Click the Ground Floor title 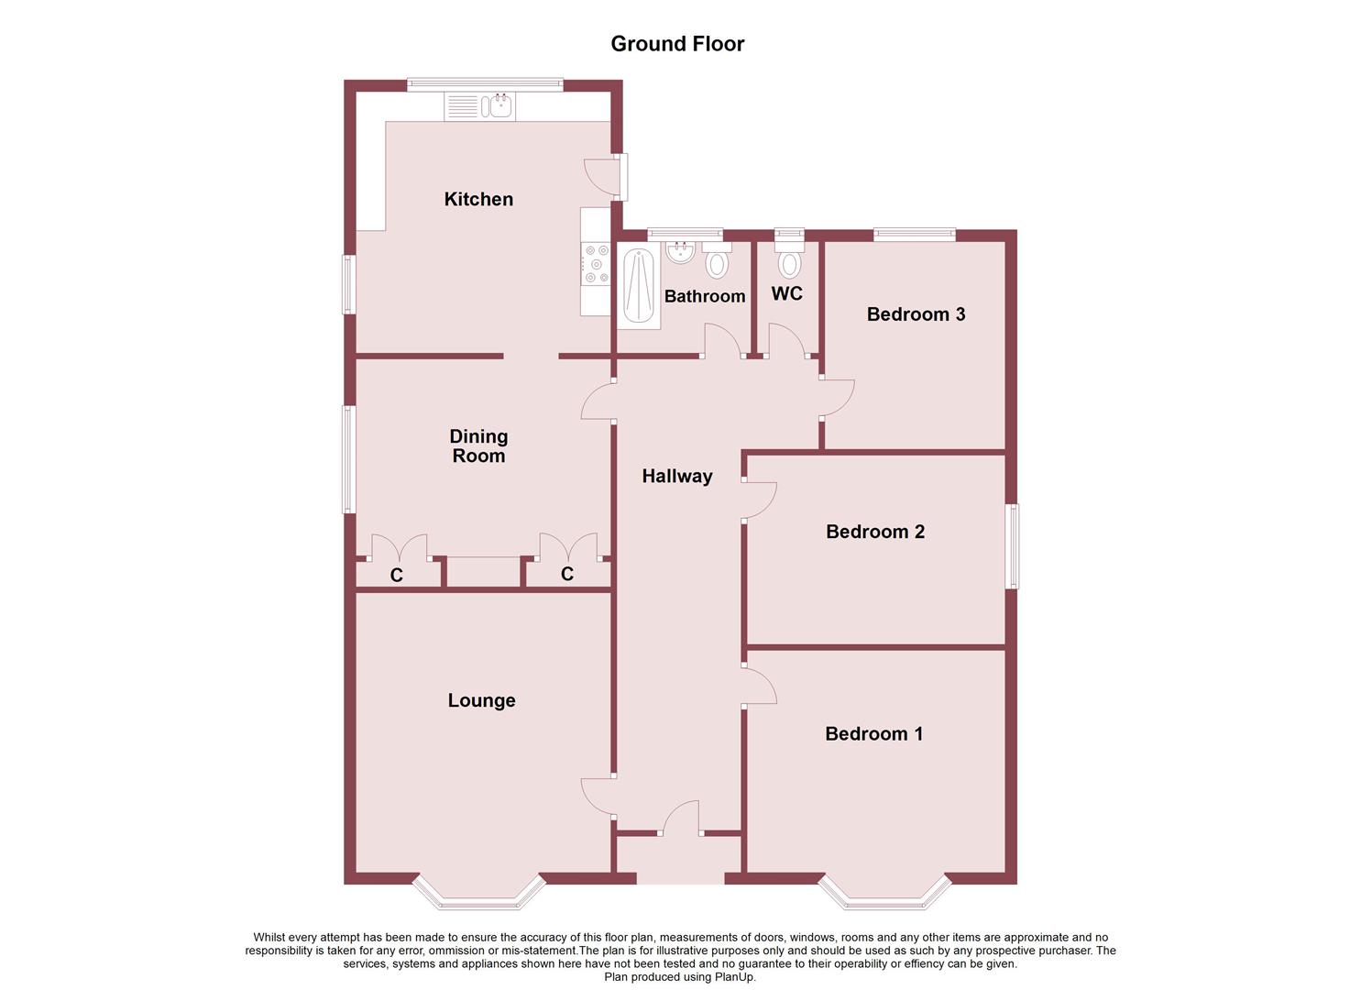click(677, 44)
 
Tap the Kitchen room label click(478, 199)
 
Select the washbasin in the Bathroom click(679, 250)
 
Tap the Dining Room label click(478, 446)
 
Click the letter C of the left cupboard click(397, 576)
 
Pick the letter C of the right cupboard click(567, 574)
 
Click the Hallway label click(676, 476)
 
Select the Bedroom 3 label click(916, 314)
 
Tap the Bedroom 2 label click(874, 532)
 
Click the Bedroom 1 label click(873, 733)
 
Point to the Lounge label click(481, 700)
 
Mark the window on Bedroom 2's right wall click(1013, 546)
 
